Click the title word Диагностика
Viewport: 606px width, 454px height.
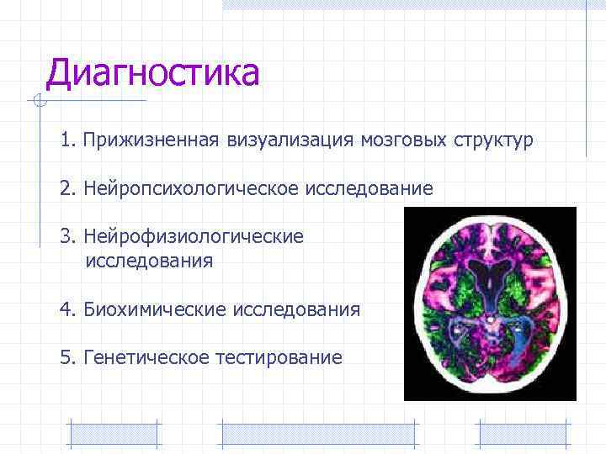(152, 74)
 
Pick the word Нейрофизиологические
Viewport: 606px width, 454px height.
(194, 237)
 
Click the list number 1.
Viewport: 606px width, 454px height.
(66, 140)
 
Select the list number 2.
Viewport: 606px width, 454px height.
(66, 189)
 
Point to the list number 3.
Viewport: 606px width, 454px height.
(66, 237)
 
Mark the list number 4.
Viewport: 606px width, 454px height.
(66, 309)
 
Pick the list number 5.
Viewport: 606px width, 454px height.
(66, 358)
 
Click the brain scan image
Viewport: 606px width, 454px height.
(490, 303)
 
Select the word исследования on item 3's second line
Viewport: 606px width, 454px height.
(149, 261)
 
